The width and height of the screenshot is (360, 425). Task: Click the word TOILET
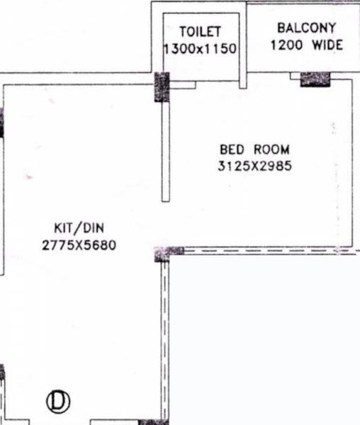pyautogui.click(x=200, y=32)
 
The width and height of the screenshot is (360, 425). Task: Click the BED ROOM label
pyautogui.click(x=254, y=149)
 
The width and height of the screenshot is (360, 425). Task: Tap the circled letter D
pyautogui.click(x=58, y=402)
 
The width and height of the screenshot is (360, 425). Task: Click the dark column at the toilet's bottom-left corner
pyautogui.click(x=162, y=86)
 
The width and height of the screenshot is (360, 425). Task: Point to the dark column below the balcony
pyautogui.click(x=315, y=79)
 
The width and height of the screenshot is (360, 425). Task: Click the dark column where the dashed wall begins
pyautogui.click(x=169, y=251)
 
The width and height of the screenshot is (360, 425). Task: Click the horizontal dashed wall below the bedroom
pyautogui.click(x=269, y=251)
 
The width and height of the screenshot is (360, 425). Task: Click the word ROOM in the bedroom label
pyautogui.click(x=273, y=149)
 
